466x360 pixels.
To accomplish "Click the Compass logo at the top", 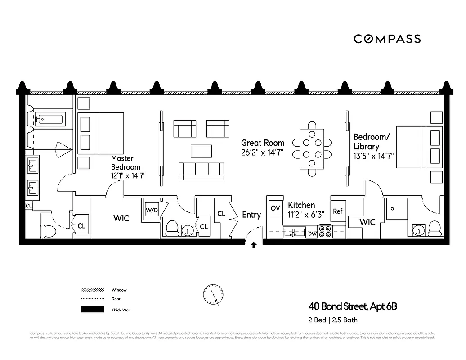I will [x=387, y=39].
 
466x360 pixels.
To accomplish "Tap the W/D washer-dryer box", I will [x=151, y=210].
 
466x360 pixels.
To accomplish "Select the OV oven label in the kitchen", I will [x=275, y=208].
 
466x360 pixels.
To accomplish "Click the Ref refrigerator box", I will [x=338, y=211].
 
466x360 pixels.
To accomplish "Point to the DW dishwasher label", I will [x=313, y=233].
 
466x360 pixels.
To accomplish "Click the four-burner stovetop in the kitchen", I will [x=325, y=232].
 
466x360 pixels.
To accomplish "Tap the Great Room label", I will [x=263, y=143].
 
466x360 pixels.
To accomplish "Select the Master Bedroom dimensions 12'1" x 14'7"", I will [x=128, y=176].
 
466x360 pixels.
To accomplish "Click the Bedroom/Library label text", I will [x=372, y=141].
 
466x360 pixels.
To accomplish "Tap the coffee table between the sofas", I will [x=201, y=150].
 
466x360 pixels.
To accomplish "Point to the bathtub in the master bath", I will [x=50, y=120].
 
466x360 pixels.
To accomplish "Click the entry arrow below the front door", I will [x=254, y=245].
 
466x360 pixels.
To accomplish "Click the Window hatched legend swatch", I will [x=92, y=290].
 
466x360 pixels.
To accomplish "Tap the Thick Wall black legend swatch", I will [x=92, y=310].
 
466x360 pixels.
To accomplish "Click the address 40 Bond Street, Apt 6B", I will [x=353, y=307].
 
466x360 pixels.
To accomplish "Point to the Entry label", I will [x=251, y=215].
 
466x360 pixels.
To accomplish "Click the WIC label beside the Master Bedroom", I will [x=121, y=218].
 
